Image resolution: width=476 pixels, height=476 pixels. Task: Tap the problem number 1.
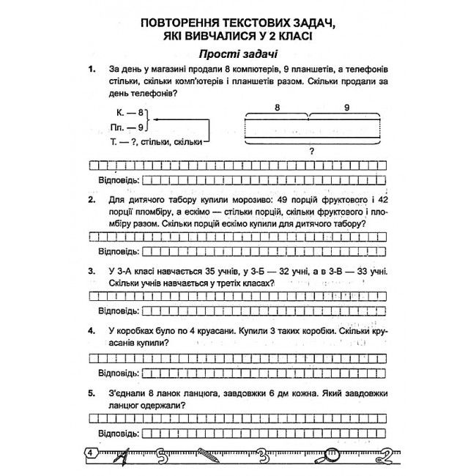point(92,70)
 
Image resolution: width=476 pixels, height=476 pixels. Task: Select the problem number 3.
point(92,272)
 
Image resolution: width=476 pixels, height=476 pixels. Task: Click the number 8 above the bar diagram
point(278,107)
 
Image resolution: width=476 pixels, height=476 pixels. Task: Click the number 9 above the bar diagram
point(346,107)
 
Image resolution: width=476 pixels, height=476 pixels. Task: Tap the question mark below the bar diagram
point(312,151)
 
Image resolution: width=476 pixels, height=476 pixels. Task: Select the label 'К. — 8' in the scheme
point(130,113)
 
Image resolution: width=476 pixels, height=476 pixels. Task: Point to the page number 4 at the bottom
point(90,453)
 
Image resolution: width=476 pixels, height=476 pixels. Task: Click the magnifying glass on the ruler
point(334,454)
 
